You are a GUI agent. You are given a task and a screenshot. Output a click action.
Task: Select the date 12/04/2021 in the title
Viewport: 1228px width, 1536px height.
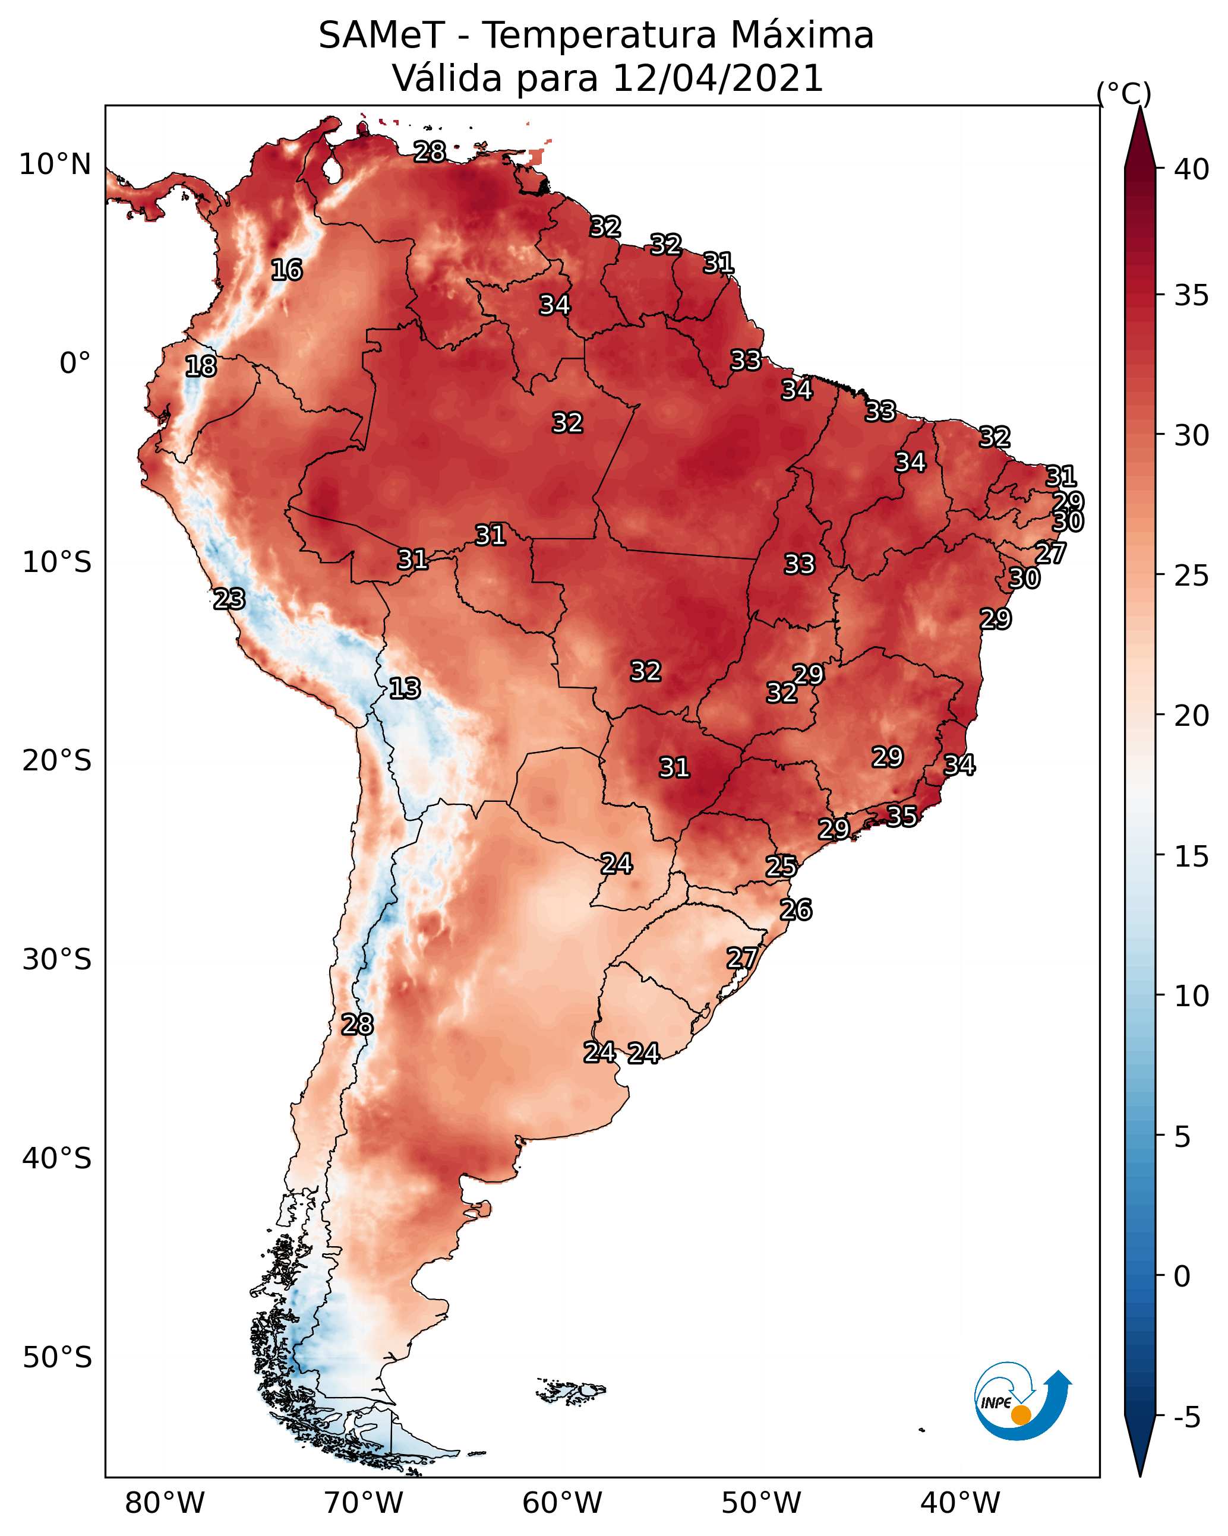717,78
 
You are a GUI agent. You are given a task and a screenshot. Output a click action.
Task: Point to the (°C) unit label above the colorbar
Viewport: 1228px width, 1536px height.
1123,93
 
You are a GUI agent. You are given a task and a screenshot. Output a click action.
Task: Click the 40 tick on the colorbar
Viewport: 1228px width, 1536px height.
1191,169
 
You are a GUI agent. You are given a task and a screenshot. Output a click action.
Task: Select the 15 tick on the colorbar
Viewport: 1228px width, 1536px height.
1191,857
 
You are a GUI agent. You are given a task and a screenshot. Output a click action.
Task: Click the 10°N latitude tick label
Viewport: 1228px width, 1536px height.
55,165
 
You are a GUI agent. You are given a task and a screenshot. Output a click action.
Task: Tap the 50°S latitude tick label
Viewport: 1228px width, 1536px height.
57,1357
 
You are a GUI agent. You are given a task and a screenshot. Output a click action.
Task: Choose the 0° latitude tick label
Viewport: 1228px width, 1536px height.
75,364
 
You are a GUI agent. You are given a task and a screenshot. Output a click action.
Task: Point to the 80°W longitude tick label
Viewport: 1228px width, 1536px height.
165,1503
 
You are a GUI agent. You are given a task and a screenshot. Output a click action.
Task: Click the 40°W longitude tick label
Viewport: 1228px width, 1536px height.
960,1503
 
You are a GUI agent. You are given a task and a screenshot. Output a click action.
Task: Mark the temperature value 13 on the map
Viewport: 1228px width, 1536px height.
405,688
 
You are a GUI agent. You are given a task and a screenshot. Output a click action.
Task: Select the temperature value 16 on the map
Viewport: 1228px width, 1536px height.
286,270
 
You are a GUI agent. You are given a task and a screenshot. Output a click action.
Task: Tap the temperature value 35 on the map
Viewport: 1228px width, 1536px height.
902,816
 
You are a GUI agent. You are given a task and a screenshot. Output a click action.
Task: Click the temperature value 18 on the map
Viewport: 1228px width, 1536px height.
201,366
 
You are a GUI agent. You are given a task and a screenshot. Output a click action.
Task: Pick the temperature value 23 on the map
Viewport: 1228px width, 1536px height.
229,599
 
